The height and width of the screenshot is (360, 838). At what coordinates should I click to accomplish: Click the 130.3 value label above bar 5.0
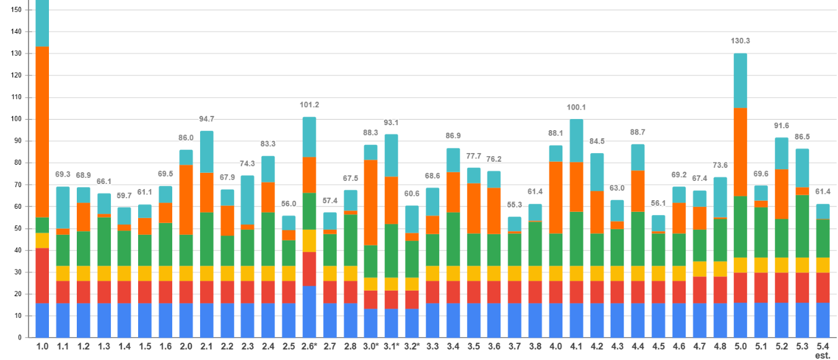(740, 41)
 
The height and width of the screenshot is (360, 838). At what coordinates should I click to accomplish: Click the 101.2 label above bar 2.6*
(309, 105)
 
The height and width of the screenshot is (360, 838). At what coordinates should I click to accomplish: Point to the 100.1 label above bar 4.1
(576, 107)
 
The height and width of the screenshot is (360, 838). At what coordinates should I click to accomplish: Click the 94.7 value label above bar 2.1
(206, 119)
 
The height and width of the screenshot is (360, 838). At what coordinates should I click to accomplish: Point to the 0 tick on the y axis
(20, 338)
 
